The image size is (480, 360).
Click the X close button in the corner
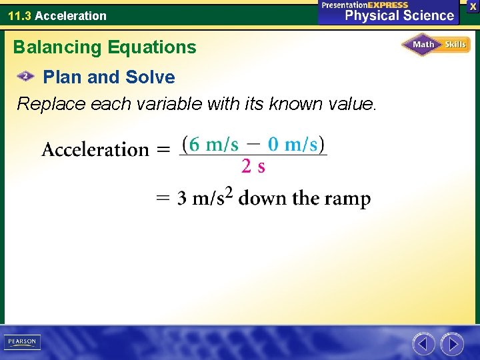tap(473, 6)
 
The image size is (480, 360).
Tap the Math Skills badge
tap(436, 45)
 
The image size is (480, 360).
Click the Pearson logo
tap(22, 342)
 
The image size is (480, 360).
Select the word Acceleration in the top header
tap(71, 15)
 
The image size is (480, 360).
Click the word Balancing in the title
tap(54, 47)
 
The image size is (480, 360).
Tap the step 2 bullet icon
tap(25, 77)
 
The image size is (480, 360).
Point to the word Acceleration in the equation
tap(95, 149)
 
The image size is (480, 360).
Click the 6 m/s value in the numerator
tap(213, 144)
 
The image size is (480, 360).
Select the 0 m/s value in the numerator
tap(293, 144)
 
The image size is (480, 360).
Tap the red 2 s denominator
tap(253, 167)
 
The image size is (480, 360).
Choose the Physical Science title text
tap(399, 16)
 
